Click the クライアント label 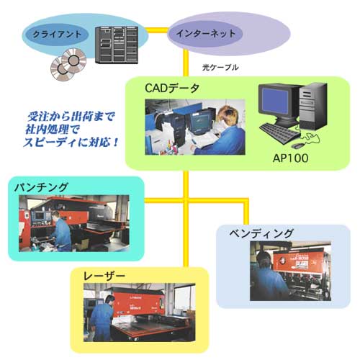pyautogui.click(x=57, y=35)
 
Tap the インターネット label pyautogui.click(x=206, y=33)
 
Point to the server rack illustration pyautogui.click(x=117, y=45)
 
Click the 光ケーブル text pyautogui.click(x=220, y=68)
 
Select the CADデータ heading pyautogui.click(x=172, y=89)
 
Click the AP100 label pyautogui.click(x=290, y=158)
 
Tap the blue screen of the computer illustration pyautogui.click(x=275, y=100)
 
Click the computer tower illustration pyautogui.click(x=313, y=106)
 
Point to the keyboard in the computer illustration pyautogui.click(x=280, y=133)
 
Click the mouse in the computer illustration pyautogui.click(x=298, y=145)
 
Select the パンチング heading pyautogui.click(x=41, y=187)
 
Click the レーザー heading pyautogui.click(x=104, y=276)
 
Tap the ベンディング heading pyautogui.click(x=261, y=233)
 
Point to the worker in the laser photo pyautogui.click(x=103, y=318)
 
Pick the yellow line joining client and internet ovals pyautogui.click(x=157, y=30)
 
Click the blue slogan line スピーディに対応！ pyautogui.click(x=71, y=143)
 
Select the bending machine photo pyautogui.click(x=290, y=271)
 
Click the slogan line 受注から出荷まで pyautogui.click(x=71, y=117)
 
